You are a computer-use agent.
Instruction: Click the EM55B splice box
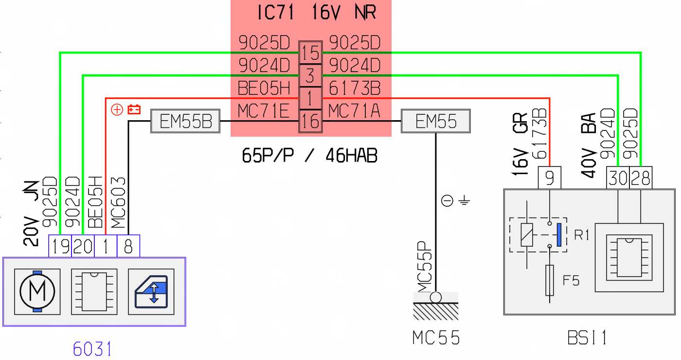tap(185, 121)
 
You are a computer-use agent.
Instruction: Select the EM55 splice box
tap(436, 121)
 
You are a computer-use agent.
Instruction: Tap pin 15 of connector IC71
tap(310, 53)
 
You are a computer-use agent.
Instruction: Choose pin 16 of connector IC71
tap(310, 121)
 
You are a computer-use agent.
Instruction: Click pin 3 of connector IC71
tap(310, 75)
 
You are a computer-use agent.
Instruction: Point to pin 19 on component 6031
tap(60, 246)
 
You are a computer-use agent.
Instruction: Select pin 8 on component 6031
tap(128, 246)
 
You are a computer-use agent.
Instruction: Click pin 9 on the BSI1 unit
tap(549, 178)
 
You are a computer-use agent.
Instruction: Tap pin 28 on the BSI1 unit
tap(641, 178)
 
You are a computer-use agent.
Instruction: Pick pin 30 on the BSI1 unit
tap(618, 178)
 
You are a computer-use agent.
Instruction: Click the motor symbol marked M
tap(37, 291)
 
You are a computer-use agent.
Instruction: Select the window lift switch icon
tap(151, 291)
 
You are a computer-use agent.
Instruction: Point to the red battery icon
tap(134, 109)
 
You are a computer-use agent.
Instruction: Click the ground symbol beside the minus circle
tap(464, 200)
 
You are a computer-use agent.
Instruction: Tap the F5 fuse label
tap(571, 280)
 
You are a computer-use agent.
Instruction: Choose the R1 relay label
tap(581, 234)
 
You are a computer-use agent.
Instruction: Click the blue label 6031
tap(92, 349)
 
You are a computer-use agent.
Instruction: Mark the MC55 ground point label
tap(436, 338)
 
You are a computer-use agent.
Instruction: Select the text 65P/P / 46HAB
tap(309, 155)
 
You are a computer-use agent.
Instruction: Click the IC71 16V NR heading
tap(317, 13)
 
